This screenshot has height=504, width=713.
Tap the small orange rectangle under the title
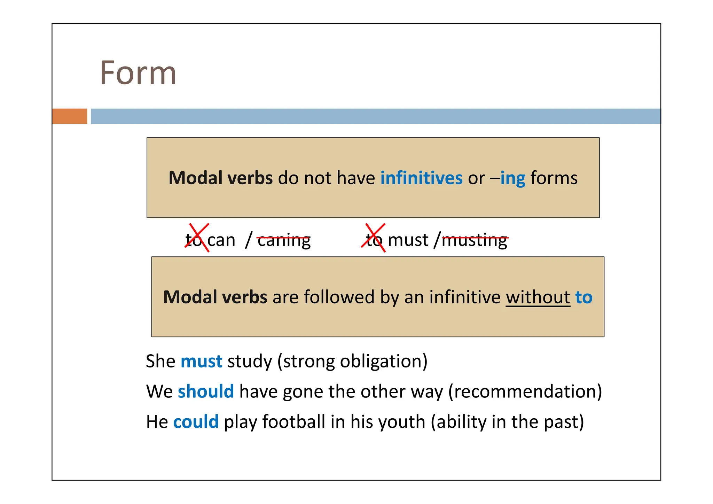(x=70, y=116)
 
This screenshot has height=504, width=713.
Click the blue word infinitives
(x=421, y=178)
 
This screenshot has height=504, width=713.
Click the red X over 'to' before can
(x=197, y=238)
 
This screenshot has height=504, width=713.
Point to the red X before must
(x=374, y=238)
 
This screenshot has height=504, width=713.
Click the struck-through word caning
(x=284, y=240)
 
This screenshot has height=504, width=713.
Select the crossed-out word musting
(x=474, y=240)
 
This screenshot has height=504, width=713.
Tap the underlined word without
(x=538, y=297)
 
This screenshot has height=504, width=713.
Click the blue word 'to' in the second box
(x=584, y=297)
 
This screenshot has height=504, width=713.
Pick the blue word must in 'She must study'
(x=201, y=361)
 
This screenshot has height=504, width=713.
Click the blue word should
(x=206, y=391)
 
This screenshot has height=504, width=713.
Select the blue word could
(x=196, y=422)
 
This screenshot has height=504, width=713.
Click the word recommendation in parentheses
(x=525, y=391)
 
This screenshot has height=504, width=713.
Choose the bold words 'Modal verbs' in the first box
(x=220, y=178)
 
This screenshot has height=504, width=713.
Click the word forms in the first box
(x=554, y=178)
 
